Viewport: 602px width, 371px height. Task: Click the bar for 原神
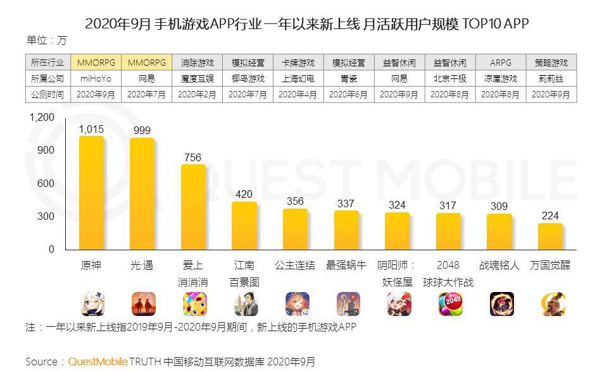(91, 192)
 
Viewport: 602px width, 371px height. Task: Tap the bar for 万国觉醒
(550, 236)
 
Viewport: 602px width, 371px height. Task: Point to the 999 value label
(142, 130)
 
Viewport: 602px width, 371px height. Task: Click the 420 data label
(244, 194)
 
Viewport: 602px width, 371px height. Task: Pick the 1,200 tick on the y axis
(42, 118)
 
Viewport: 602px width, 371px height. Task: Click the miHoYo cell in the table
(95, 79)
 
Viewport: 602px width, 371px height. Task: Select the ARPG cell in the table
(500, 63)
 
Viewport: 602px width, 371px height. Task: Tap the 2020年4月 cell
(298, 95)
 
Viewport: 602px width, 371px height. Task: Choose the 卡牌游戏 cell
(298, 63)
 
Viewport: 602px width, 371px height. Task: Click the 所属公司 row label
(47, 79)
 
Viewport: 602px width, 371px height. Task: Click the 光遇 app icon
(142, 304)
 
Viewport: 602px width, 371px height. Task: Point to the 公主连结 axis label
(294, 265)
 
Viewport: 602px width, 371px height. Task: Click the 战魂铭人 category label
(499, 265)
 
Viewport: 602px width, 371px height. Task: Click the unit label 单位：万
(46, 40)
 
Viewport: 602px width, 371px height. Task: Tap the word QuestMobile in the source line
(97, 362)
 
